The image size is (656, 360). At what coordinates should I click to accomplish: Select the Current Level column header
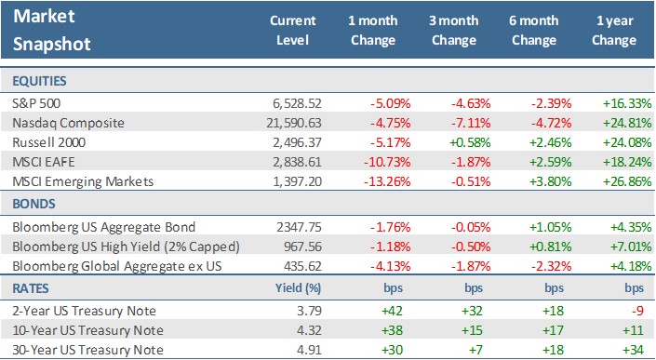point(292,31)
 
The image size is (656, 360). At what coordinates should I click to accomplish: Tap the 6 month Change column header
point(534,31)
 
